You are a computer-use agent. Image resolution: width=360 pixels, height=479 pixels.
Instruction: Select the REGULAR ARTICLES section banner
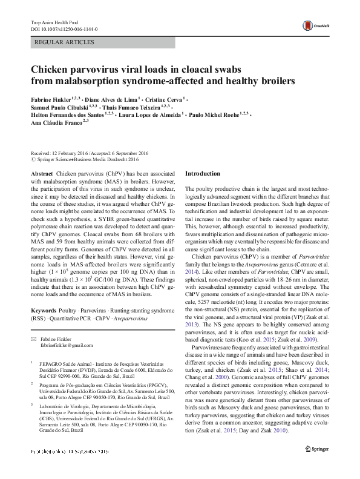click(65, 43)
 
